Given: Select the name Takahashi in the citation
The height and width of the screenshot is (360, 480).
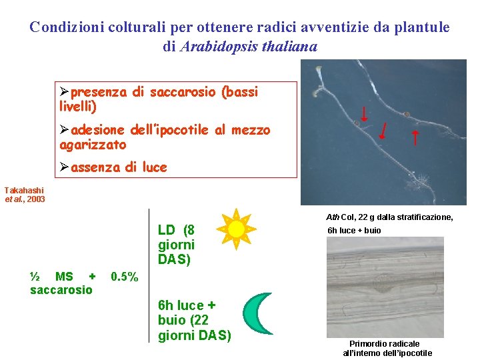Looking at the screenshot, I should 23,190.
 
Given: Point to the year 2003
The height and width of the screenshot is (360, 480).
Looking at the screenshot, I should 36,199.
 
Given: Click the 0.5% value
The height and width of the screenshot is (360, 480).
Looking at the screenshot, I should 125,276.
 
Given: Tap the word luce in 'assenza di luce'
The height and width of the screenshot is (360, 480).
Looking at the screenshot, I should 154,167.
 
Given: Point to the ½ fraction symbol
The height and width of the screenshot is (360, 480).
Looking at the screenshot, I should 36,276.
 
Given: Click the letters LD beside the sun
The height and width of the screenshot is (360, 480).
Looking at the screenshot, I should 167,230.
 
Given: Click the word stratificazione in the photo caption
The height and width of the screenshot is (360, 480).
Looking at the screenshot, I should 422,217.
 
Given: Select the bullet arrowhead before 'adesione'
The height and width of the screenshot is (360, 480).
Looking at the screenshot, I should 64,130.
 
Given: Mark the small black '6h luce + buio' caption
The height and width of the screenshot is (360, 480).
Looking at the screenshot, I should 354,230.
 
